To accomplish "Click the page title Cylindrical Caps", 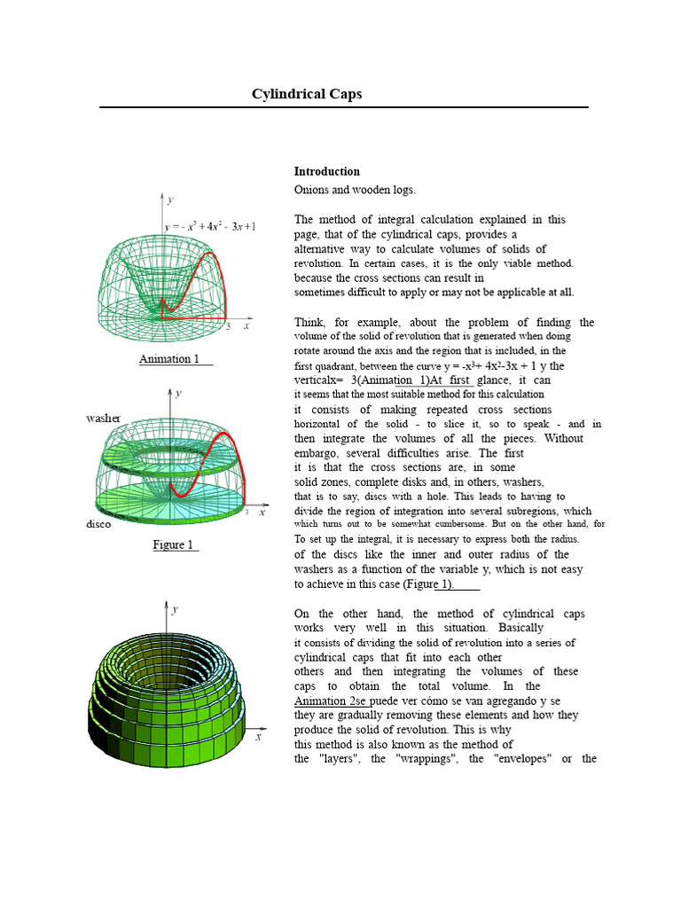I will [x=307, y=94].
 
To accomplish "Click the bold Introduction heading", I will [x=326, y=171].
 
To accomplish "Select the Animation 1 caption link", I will [x=176, y=359].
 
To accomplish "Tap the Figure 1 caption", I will [x=174, y=544].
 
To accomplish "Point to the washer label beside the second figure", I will [x=103, y=418].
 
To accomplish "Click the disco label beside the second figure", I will [x=98, y=525].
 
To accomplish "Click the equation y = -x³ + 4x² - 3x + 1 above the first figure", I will [x=212, y=227].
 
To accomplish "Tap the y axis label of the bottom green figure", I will [x=175, y=610].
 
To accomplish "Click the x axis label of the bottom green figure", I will [x=258, y=737].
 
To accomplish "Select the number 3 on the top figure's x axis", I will [x=230, y=328].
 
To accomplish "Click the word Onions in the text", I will [x=312, y=190].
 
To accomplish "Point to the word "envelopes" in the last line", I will [x=531, y=759].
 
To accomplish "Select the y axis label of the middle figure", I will [x=180, y=392].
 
